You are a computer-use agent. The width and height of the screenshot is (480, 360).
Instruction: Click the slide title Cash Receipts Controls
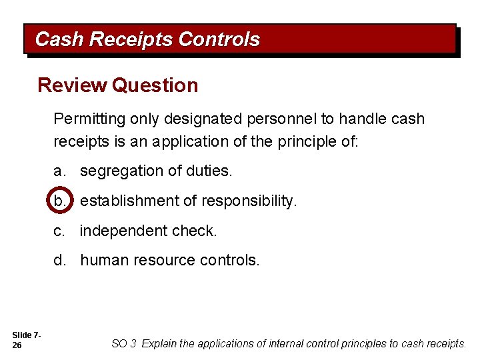pyautogui.click(x=147, y=39)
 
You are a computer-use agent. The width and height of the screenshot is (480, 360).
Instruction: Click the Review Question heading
pyautogui.click(x=118, y=85)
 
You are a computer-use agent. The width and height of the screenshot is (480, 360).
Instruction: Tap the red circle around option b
pyautogui.click(x=60, y=201)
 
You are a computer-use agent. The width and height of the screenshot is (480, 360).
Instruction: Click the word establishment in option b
pyautogui.click(x=125, y=201)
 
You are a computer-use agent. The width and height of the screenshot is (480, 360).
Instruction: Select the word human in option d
pyautogui.click(x=100, y=260)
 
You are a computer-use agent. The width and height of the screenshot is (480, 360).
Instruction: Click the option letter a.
pyautogui.click(x=59, y=171)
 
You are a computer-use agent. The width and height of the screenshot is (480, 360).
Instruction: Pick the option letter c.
pyautogui.click(x=59, y=231)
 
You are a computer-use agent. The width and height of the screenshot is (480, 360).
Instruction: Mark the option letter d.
pyautogui.click(x=59, y=260)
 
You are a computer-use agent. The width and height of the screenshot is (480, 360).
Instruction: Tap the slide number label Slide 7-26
pyautogui.click(x=27, y=339)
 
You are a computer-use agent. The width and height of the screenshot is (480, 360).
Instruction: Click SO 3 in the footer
pyautogui.click(x=124, y=344)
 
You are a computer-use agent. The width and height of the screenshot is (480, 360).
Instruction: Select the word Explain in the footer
pyautogui.click(x=159, y=344)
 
